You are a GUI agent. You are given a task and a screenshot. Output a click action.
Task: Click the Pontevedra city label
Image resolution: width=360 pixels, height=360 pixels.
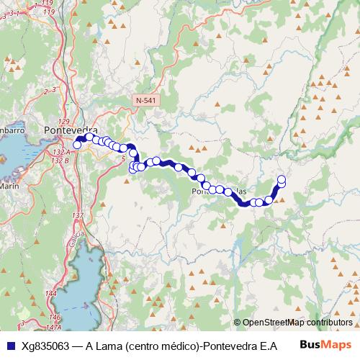(71, 130)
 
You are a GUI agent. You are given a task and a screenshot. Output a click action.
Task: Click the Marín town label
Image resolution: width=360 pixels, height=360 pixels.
(9, 185)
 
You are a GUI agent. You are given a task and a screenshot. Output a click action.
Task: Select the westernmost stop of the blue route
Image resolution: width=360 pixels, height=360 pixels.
(77, 145)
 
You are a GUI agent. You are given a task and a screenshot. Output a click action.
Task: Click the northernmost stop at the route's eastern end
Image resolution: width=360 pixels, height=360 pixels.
(282, 179)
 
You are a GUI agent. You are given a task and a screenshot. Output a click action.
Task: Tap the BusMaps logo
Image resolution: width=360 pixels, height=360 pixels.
(325, 345)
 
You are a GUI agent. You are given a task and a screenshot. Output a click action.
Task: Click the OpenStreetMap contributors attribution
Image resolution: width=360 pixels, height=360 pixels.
(297, 323)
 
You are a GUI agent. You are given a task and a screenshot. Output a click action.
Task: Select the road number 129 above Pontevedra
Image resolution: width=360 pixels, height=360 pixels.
(63, 121)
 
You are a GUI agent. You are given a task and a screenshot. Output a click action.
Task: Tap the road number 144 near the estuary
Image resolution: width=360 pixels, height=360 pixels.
(50, 294)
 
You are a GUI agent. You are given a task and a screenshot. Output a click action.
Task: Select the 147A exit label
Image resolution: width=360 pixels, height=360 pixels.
(53, 327)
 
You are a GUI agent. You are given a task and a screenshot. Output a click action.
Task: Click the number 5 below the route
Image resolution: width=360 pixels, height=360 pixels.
(123, 158)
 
